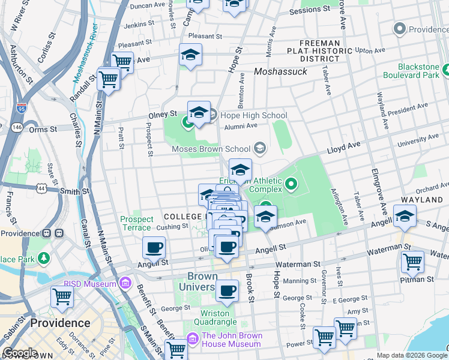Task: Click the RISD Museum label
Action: click(x=92, y=284)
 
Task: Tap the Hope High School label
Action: click(x=254, y=115)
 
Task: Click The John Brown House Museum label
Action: click(x=231, y=340)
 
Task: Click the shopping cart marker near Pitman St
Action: click(x=412, y=261)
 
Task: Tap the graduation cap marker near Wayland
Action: click(x=405, y=216)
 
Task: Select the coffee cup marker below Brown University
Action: click(x=227, y=291)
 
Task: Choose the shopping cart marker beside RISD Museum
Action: click(x=62, y=296)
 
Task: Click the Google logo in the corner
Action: click(x=20, y=353)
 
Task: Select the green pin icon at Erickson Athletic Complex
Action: click(x=292, y=184)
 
